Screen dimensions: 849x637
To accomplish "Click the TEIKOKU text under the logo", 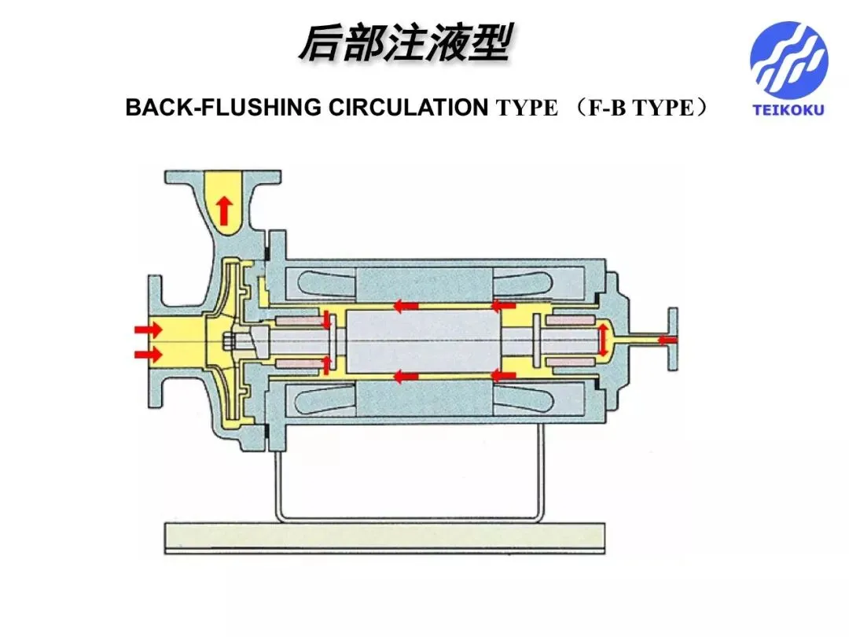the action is [788, 110].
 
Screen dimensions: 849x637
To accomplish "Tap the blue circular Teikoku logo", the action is [789, 60].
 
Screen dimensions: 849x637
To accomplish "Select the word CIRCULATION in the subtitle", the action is [408, 107].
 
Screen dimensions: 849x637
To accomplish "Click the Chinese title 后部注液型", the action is [405, 42].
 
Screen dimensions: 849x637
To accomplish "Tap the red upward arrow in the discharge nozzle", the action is [223, 211].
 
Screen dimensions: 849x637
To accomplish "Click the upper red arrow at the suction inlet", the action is [149, 330].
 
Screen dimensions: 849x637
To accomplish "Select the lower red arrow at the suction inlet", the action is [149, 355].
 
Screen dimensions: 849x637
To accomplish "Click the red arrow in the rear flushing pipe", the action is [667, 341].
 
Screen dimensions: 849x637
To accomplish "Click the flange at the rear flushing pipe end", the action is [672, 339].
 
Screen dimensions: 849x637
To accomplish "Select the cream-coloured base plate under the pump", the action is [384, 537].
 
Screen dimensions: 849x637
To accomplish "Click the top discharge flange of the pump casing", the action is [223, 177].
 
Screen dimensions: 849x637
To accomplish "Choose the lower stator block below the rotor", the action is [424, 398].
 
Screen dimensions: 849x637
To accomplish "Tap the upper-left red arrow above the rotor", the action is [406, 306].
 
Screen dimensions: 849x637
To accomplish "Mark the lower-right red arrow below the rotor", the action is [504, 375].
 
